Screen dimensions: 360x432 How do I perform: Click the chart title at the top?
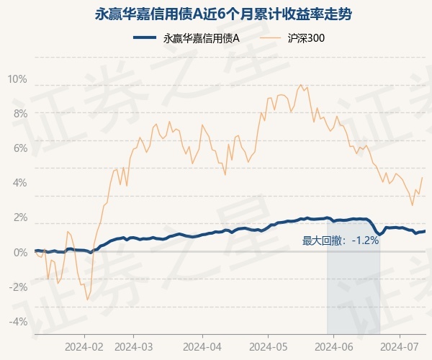click(216, 14)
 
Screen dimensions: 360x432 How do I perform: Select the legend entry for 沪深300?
click(297, 39)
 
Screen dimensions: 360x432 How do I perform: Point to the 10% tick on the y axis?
click(17, 78)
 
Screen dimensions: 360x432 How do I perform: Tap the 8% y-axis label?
click(19, 113)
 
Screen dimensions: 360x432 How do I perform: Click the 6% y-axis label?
click(19, 148)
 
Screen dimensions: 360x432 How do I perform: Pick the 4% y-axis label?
click(19, 182)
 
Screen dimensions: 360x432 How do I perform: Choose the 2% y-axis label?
click(19, 217)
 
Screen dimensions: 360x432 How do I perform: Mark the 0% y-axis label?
click(19, 252)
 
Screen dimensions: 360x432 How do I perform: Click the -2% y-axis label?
click(18, 287)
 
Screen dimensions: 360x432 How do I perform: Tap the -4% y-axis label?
click(18, 321)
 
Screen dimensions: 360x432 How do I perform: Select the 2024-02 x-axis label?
click(84, 345)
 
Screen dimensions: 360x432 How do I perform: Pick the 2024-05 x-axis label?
click(267, 345)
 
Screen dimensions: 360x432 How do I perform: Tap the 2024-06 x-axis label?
click(334, 345)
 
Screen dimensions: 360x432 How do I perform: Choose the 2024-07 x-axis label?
click(400, 345)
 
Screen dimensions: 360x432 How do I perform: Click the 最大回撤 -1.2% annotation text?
click(340, 240)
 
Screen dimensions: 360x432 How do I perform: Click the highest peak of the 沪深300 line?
click(300, 85)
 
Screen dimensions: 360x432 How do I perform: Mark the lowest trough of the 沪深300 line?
click(87, 300)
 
